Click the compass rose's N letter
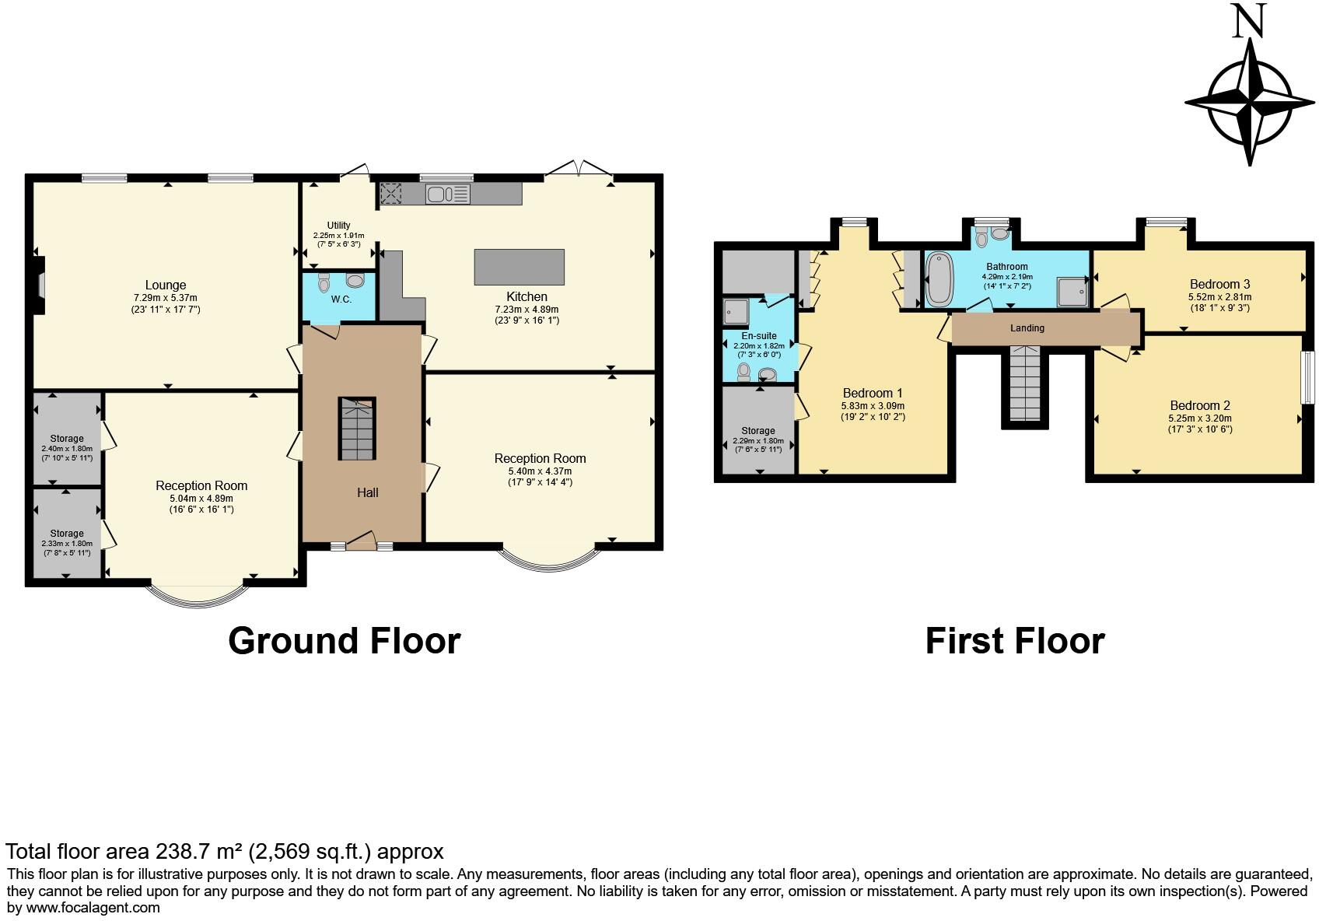click(x=1250, y=21)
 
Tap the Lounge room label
click(x=166, y=285)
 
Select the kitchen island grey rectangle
click(x=519, y=267)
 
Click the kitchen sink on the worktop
click(x=447, y=194)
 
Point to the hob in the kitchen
click(x=390, y=193)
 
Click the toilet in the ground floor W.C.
click(x=355, y=280)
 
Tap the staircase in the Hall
click(x=356, y=429)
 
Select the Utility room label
click(x=338, y=226)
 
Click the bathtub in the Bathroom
click(x=939, y=278)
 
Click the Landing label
click(x=1027, y=328)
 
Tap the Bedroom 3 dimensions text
click(x=1219, y=303)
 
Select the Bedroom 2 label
click(x=1200, y=405)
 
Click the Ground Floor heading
click(x=344, y=641)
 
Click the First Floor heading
click(x=1014, y=641)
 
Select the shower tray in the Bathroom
click(x=1071, y=292)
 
